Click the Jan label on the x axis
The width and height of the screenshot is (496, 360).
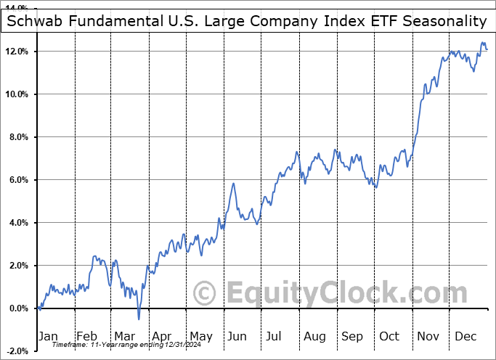47,336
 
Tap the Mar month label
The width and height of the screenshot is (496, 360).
124,336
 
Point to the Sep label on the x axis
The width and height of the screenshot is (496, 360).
352,336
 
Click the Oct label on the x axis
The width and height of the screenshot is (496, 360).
389,336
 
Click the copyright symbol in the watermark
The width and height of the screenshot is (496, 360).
206,294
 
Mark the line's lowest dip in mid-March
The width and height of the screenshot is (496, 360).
139,319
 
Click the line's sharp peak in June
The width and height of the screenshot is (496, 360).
233,184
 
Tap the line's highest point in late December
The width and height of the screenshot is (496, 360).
483,43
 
